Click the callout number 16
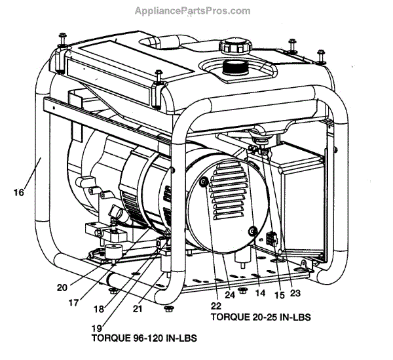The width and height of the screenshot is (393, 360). pos(18,192)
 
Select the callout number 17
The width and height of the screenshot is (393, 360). pos(92,303)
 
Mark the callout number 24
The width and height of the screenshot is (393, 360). pos(230,295)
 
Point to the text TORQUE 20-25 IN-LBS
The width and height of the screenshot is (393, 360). pos(260,317)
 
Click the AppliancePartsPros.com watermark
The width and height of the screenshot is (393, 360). pos(192,11)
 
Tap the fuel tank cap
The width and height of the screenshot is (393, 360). pos(234,47)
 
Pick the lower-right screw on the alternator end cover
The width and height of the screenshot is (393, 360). pos(253,230)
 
